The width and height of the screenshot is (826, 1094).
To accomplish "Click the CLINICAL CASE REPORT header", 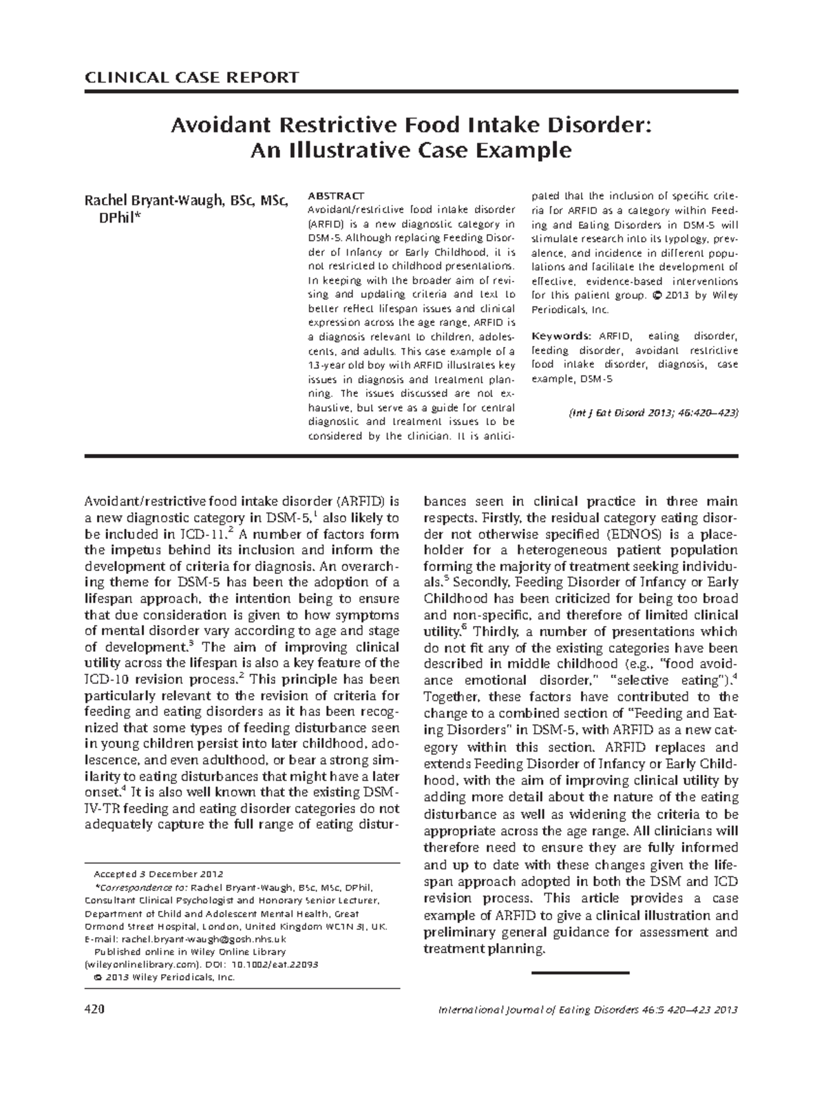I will pos(191,77).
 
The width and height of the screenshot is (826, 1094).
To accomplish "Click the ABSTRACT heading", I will pos(336,196).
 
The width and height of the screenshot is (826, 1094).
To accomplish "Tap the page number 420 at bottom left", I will pos(94,1010).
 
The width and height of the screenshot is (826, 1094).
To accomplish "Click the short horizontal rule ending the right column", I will pos(581,973).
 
